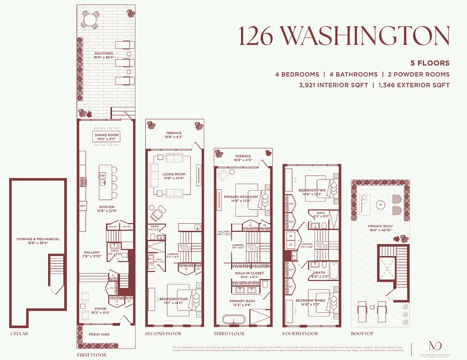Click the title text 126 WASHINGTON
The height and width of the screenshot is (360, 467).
click(x=344, y=36)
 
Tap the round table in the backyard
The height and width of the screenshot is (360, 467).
click(x=90, y=20)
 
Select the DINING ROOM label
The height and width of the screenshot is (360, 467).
click(x=106, y=135)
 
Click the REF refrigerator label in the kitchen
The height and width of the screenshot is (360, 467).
click(x=83, y=207)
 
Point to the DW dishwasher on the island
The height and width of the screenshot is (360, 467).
click(x=102, y=176)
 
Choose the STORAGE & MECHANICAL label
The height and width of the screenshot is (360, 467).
click(x=38, y=239)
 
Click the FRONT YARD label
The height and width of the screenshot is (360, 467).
click(x=99, y=334)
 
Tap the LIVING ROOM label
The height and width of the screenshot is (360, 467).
click(x=174, y=174)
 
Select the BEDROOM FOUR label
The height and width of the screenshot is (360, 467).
click(x=173, y=299)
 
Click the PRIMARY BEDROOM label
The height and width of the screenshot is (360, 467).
click(x=241, y=197)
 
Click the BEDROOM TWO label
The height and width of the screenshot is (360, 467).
click(x=311, y=190)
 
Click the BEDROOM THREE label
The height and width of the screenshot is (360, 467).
click(x=311, y=301)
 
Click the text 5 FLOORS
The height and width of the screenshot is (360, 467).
click(x=430, y=63)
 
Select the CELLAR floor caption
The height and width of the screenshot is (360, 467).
click(x=20, y=334)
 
